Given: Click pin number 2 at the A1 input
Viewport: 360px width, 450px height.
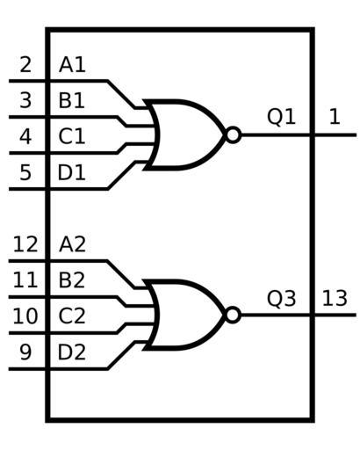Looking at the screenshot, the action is (x=25, y=65).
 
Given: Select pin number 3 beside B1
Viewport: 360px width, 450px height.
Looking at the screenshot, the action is (x=25, y=100).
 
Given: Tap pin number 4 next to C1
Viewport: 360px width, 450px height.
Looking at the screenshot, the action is (x=25, y=136).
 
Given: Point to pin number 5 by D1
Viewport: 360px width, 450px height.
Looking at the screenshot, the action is (x=25, y=172).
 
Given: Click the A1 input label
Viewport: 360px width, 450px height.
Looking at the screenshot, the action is (x=72, y=65).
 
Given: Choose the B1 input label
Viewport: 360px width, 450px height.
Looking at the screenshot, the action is (x=72, y=100).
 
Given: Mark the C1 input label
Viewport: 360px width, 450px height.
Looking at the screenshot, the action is (x=72, y=136).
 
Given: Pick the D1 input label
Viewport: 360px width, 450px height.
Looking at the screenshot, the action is (x=72, y=172).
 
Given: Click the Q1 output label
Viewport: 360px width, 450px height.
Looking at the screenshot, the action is (x=281, y=117).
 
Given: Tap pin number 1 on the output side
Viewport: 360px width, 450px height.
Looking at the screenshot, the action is (x=335, y=117).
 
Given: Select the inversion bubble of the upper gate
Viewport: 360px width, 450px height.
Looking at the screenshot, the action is (x=233, y=135).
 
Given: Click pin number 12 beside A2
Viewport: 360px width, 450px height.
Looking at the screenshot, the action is (x=25, y=244).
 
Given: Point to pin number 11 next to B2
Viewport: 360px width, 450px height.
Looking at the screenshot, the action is (x=25, y=280).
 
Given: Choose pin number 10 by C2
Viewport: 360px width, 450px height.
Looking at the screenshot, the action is (x=25, y=316).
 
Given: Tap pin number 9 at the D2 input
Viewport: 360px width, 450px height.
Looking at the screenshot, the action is (x=25, y=352).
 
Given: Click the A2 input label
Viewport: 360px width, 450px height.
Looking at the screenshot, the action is (x=72, y=244).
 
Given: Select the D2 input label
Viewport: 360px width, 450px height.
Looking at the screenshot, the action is (x=72, y=352).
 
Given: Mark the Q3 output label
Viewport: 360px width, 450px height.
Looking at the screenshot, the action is (x=281, y=299).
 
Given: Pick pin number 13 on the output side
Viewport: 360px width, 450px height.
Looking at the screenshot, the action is (x=335, y=299).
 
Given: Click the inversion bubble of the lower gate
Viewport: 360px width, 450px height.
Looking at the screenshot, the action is (x=233, y=316).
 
